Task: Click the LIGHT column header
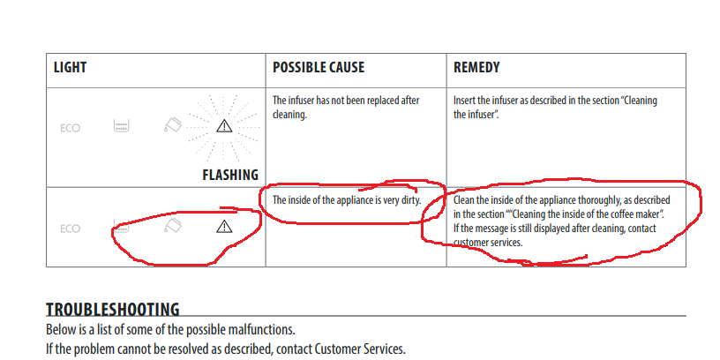[x=71, y=67]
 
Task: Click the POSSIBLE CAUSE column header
[x=318, y=67]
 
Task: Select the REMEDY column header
[x=478, y=67]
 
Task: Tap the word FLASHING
[x=230, y=175]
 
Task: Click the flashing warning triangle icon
[x=224, y=126]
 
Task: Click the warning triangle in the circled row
[x=224, y=228]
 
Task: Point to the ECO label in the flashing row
[x=71, y=128]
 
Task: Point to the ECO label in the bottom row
[x=71, y=229]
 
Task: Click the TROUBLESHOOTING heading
[x=112, y=310]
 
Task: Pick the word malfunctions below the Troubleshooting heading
[x=256, y=329]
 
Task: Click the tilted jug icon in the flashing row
[x=173, y=126]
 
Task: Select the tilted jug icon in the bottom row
[x=173, y=228]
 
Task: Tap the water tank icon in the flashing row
[x=122, y=126]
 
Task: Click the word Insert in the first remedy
[x=467, y=100]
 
